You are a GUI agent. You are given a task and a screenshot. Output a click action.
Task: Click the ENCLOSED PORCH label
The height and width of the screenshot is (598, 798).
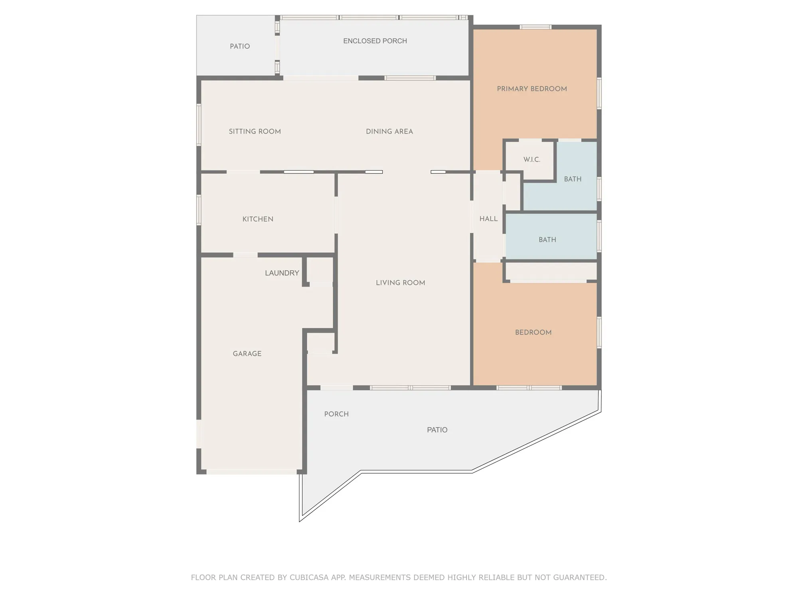click(x=375, y=41)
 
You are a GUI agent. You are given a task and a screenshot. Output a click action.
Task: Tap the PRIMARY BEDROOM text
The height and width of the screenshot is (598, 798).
click(x=532, y=89)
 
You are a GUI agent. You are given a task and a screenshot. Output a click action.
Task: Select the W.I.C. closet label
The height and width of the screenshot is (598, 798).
click(x=532, y=159)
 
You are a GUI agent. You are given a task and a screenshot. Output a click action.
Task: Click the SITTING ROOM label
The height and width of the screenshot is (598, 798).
click(x=255, y=132)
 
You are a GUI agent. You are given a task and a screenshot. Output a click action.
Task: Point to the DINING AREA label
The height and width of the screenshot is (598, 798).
click(x=389, y=132)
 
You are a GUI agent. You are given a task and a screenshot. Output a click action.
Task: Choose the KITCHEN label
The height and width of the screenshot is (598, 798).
click(x=258, y=219)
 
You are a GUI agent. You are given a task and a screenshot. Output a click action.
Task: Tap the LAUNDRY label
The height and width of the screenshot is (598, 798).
click(x=282, y=273)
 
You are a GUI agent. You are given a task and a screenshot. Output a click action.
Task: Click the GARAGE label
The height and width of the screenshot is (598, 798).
click(x=247, y=354)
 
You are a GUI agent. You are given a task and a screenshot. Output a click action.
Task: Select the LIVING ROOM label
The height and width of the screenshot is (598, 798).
click(x=400, y=283)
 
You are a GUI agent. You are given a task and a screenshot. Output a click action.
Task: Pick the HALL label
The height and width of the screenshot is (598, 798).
click(x=488, y=219)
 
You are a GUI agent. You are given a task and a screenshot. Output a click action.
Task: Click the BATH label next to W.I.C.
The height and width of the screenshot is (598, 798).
click(x=573, y=179)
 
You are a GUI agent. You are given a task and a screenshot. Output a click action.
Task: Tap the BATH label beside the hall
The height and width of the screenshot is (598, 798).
click(x=547, y=240)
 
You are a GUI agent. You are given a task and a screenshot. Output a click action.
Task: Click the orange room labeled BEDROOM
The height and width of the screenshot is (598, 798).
click(x=533, y=332)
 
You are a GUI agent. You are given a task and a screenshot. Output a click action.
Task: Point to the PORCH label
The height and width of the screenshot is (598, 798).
click(x=336, y=414)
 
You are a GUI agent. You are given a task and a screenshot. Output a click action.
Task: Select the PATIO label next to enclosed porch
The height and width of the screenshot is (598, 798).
click(x=240, y=46)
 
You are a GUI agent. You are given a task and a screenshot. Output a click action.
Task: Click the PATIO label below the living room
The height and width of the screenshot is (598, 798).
click(x=437, y=430)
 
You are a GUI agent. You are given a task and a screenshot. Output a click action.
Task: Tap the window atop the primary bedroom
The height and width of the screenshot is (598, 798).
click(x=535, y=27)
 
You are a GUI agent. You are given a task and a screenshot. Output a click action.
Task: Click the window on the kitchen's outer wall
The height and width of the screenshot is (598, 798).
click(x=199, y=210)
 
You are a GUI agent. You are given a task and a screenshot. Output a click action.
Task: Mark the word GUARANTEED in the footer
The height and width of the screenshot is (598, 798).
click(x=579, y=577)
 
